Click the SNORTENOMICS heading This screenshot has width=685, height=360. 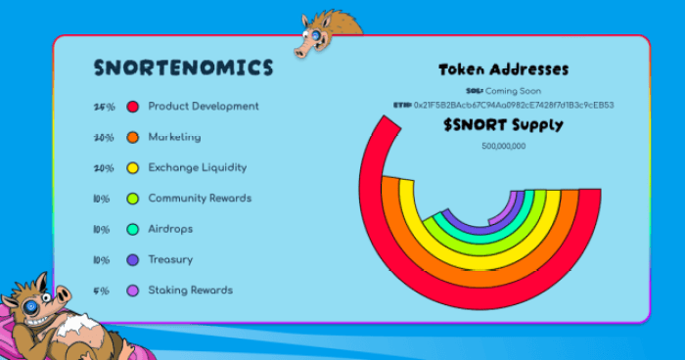coord(183,67)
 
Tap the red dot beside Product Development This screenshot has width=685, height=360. coord(132,107)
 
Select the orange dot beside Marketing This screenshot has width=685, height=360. coord(132,138)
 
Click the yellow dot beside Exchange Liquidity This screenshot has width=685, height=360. coord(132,168)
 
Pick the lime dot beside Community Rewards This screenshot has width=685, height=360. coord(132,199)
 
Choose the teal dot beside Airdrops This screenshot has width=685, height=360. coord(132,229)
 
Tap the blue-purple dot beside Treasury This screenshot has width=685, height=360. coord(132,260)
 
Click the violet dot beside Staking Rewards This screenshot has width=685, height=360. coord(132,291)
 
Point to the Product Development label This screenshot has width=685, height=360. coord(204,106)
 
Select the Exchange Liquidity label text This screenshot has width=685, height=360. coord(197,167)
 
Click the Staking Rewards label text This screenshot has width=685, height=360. coord(190,290)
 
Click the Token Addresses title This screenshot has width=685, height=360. coord(503,69)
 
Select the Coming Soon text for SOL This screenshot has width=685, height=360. coord(513,91)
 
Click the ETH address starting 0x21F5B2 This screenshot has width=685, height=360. coord(514,105)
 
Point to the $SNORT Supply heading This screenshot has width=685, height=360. coord(503,125)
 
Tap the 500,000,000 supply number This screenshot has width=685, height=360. coord(503,146)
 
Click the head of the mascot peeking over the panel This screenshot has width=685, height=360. coord(324,37)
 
